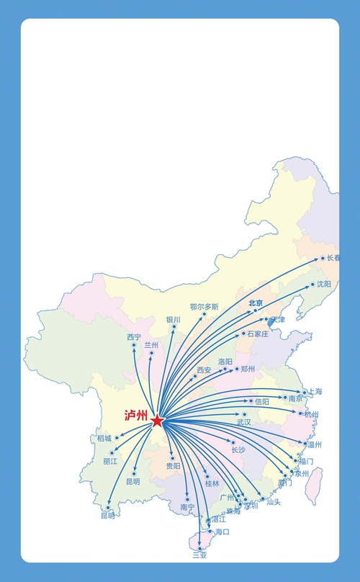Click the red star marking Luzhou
[x=158, y=420]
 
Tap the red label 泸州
[x=135, y=416]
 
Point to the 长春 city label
[x=333, y=258]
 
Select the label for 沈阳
[x=324, y=285]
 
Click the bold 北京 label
[x=256, y=303]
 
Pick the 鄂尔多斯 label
[x=204, y=307]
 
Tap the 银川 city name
[x=173, y=319]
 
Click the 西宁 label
[x=134, y=336]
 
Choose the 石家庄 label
[x=258, y=334]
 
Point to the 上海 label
[x=315, y=392]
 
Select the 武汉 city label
[x=243, y=422]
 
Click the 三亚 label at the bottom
[x=199, y=555]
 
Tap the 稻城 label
[x=104, y=439]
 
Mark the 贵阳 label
[x=174, y=467]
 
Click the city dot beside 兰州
[x=151, y=353]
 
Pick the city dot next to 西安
[x=194, y=376]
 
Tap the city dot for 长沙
[x=233, y=442]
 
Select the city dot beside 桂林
[x=207, y=475]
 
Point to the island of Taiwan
[x=313, y=485]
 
